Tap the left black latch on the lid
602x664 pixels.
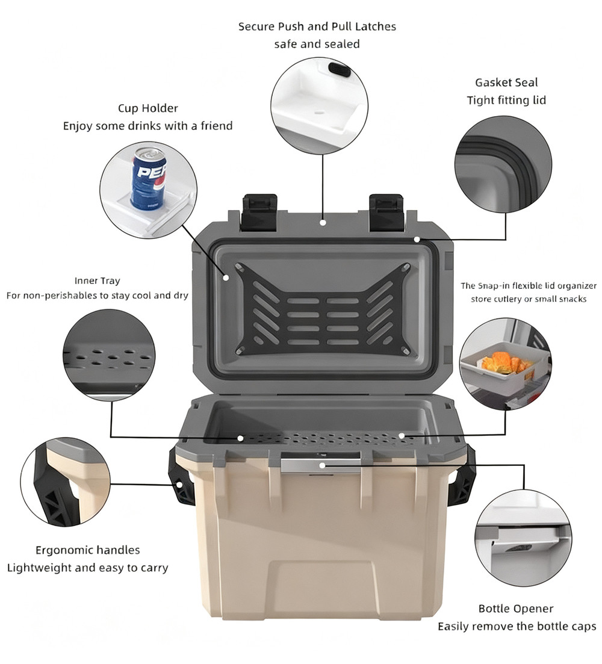(259, 213)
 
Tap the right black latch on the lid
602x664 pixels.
(386, 213)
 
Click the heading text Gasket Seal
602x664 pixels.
(506, 82)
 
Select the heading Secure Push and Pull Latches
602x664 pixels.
(317, 26)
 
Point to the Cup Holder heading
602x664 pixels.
(147, 108)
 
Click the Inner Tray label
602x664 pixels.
(98, 281)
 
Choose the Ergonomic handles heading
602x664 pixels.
(88, 550)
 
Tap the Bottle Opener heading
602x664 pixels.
(516, 609)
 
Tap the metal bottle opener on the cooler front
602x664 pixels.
(320, 462)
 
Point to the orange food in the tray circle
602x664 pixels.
(504, 364)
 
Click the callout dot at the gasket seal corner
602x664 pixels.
(417, 240)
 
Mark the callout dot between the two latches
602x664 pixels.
(323, 222)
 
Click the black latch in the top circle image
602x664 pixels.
(340, 70)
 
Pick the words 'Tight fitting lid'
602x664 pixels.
(506, 101)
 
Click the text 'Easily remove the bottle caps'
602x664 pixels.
(517, 626)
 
